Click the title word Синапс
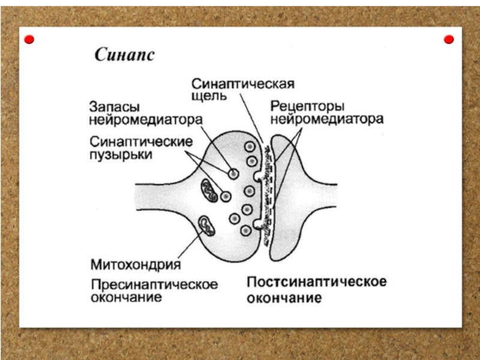point(124,55)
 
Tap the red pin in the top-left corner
point(29,40)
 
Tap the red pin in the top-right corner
point(448,40)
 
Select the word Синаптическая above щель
point(243,83)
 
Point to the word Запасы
point(115,107)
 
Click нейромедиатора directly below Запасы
point(146,120)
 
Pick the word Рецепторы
point(307,106)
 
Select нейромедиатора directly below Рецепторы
point(326,119)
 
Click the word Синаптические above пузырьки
point(141,142)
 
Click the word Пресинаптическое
point(154,284)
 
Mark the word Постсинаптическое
point(317,282)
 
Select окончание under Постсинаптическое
point(284,298)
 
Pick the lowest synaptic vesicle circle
point(245,230)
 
